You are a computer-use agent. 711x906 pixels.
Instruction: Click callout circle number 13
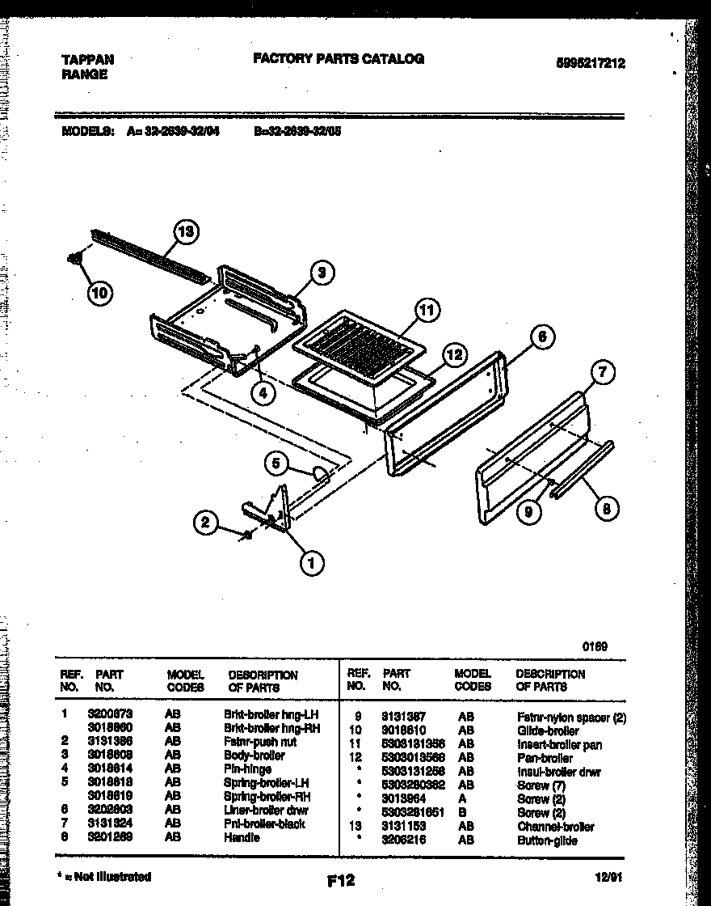[186, 232]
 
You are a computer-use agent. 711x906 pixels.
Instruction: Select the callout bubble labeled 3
[321, 273]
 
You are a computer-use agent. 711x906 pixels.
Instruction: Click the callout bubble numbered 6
[543, 337]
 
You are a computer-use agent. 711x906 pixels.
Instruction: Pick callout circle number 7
[602, 372]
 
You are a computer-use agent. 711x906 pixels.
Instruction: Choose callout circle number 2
[206, 523]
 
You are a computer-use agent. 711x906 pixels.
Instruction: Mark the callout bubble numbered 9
[528, 511]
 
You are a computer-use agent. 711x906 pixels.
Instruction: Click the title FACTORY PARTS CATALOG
[339, 59]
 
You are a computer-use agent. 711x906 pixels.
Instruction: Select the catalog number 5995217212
[591, 64]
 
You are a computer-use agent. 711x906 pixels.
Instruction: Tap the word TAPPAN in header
[88, 59]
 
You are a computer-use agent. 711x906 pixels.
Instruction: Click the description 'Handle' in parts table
[242, 838]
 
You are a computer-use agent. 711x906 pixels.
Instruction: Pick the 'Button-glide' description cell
[547, 840]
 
